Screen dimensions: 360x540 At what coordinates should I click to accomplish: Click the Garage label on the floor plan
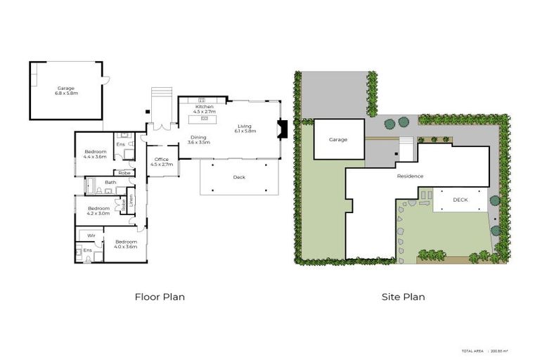(x=65, y=90)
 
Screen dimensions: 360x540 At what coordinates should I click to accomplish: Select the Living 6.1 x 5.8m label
(x=244, y=129)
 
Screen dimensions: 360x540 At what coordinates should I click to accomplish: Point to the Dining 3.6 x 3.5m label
(x=198, y=140)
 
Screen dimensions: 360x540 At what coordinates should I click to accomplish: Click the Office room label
(x=162, y=162)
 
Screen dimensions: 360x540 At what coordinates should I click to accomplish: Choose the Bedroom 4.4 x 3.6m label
(x=95, y=154)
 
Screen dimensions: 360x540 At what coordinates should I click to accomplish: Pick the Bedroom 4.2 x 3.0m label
(x=98, y=210)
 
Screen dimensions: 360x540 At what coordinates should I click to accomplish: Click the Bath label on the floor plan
(x=110, y=183)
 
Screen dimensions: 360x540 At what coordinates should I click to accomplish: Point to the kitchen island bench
(x=203, y=118)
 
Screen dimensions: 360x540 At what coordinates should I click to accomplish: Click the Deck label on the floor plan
(x=239, y=177)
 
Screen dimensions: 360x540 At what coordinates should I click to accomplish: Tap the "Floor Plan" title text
(x=160, y=297)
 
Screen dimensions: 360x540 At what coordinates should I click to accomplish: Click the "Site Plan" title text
(x=403, y=297)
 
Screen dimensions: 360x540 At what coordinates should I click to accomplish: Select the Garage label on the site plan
(x=338, y=139)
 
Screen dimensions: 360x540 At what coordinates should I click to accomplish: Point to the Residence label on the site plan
(x=410, y=176)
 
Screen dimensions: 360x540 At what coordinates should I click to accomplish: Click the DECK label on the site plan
(x=460, y=200)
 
